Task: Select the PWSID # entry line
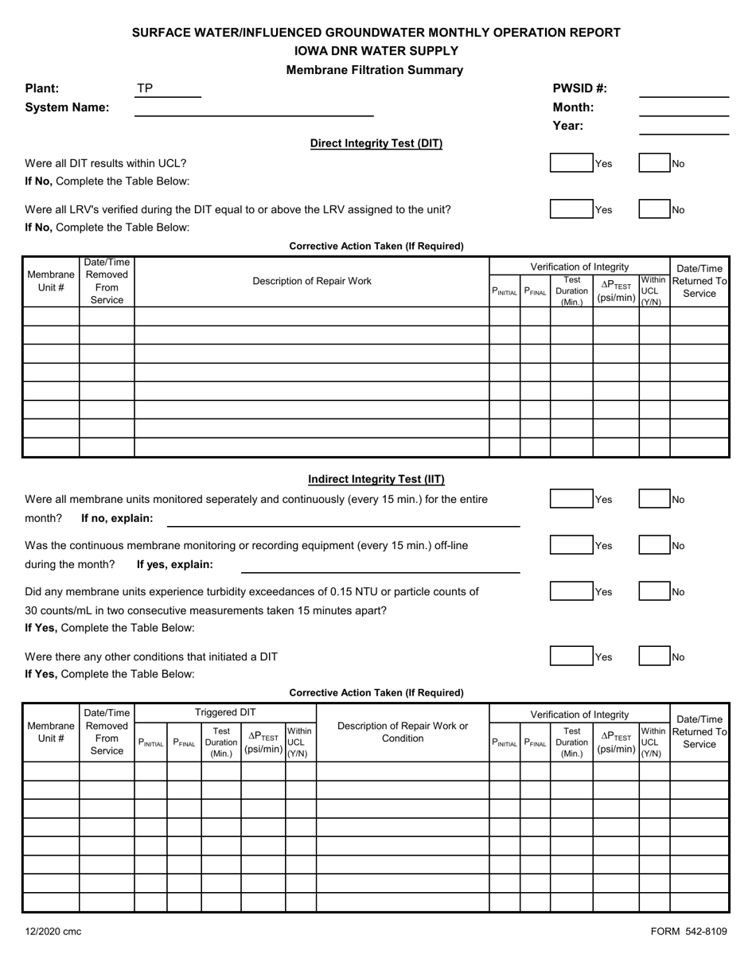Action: pos(684,89)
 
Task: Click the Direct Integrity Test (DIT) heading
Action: pos(376,144)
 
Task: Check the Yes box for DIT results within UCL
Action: pos(572,164)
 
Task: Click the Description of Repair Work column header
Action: pos(311,281)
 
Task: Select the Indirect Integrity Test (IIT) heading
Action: pos(376,479)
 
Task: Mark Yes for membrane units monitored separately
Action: pos(572,500)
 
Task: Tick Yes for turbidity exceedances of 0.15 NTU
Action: pos(572,592)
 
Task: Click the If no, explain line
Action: pos(342,520)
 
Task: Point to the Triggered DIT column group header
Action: pos(225,712)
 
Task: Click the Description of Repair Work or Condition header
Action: pos(403,732)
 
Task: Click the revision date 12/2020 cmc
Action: pos(53,932)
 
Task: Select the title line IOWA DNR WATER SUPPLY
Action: pos(376,51)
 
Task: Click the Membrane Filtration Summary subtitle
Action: pos(374,70)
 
